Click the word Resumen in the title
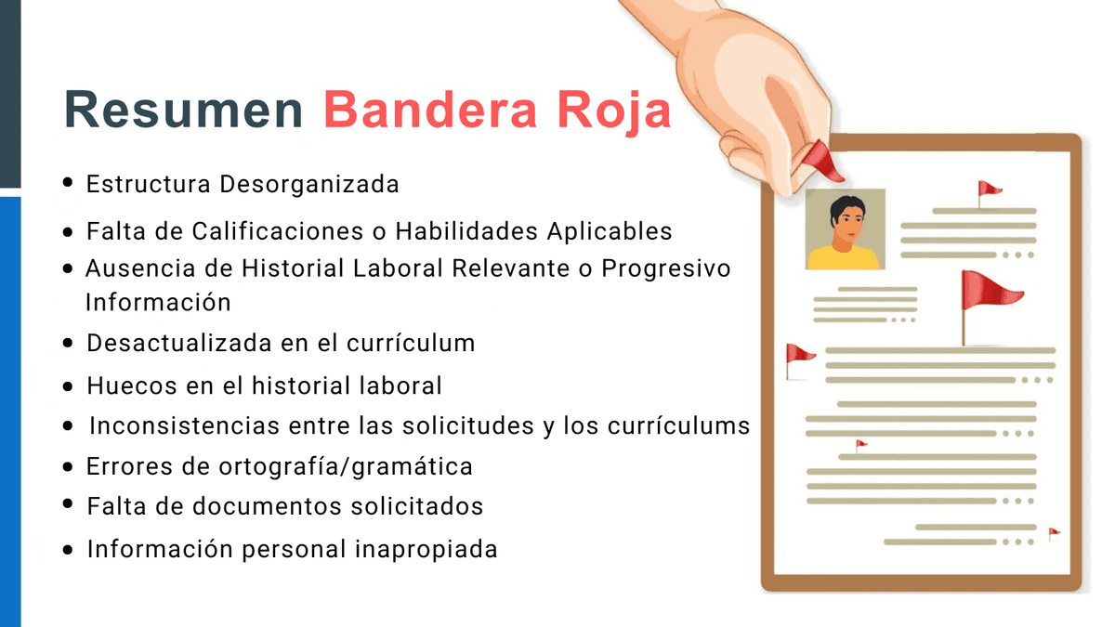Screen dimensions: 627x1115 click(184, 111)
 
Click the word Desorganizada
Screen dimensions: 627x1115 click(309, 184)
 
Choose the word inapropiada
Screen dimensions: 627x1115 click(426, 549)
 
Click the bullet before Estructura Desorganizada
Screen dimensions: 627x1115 click(68, 183)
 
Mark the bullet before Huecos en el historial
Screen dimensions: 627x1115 click(68, 385)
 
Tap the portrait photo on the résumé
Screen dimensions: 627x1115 click(845, 229)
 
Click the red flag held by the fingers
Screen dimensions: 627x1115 click(822, 161)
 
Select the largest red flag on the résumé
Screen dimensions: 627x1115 click(988, 290)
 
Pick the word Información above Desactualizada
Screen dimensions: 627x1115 click(158, 303)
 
